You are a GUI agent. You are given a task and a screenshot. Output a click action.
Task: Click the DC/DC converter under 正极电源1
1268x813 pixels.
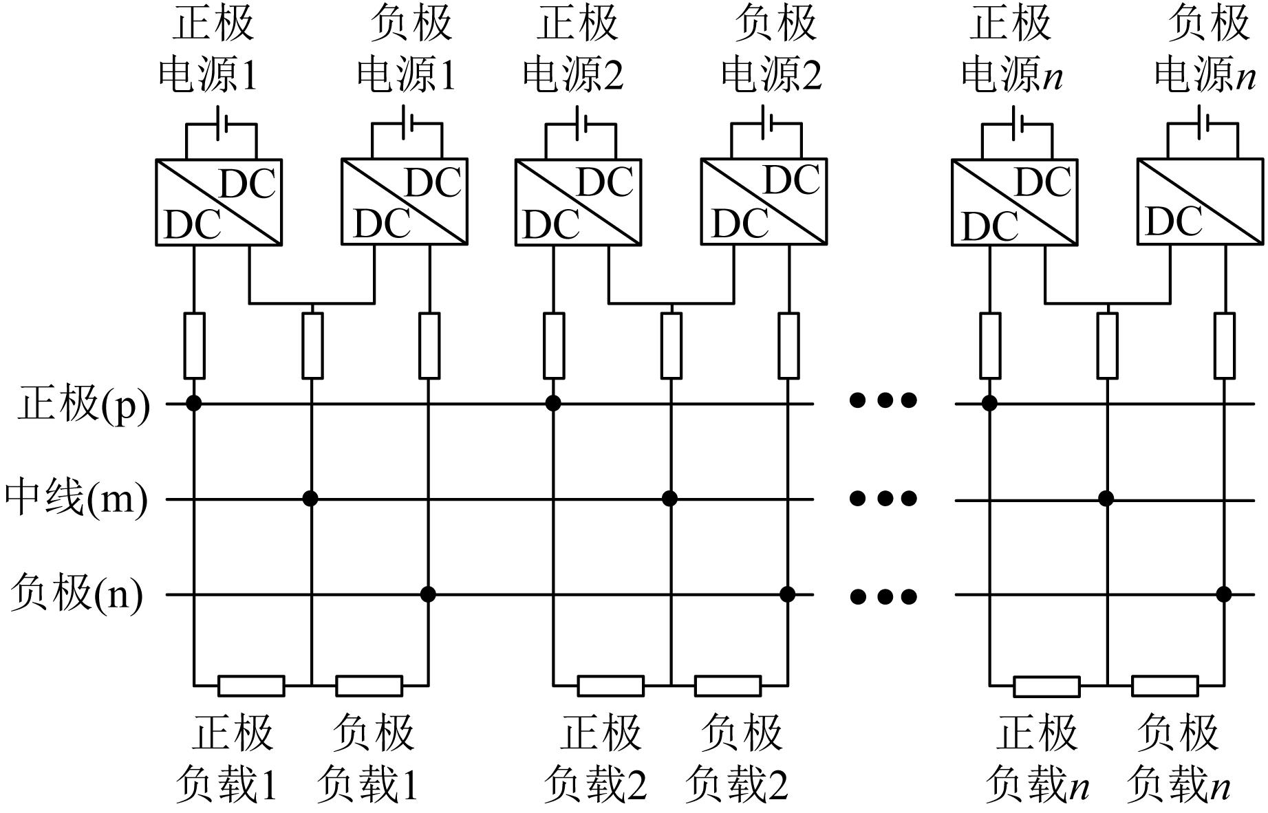point(219,202)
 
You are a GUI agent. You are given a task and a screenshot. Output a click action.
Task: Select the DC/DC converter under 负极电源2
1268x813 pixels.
point(764,202)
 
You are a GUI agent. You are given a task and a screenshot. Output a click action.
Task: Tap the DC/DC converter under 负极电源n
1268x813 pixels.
point(1200,202)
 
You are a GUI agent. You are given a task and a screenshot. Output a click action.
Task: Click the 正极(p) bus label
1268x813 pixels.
point(83,404)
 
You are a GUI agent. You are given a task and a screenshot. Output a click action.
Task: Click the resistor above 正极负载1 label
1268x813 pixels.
point(251,686)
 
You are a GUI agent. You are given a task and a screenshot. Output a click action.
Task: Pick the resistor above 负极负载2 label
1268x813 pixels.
point(728,686)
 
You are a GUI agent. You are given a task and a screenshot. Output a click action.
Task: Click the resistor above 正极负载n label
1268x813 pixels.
point(1046,686)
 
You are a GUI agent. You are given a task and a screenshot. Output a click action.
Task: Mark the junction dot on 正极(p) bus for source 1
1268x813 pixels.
point(194,403)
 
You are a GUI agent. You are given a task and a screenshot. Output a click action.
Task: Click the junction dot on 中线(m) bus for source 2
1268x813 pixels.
point(669,498)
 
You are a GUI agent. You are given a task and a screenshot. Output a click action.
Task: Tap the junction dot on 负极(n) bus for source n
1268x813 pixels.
point(1223,594)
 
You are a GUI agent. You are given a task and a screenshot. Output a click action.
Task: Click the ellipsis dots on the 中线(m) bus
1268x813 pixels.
point(883,498)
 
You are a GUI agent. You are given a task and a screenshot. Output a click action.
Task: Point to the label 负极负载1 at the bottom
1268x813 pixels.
point(369,759)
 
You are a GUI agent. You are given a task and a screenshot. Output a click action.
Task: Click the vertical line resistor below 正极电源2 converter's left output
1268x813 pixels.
point(554,345)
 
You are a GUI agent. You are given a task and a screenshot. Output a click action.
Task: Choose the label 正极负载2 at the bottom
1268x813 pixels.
point(596,759)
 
